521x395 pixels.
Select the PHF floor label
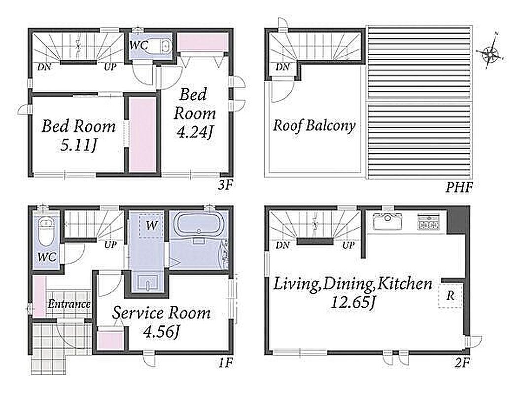pos(459,188)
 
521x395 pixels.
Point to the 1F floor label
pos(225,362)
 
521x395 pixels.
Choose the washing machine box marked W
pos(151,225)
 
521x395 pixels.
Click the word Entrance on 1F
pos(69,304)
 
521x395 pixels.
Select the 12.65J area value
pos(353,302)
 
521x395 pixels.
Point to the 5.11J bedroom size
pos(79,145)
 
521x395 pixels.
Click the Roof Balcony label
pos(314,126)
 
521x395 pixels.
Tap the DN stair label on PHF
pos(283,67)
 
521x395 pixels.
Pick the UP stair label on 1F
pos(110,244)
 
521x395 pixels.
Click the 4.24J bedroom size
pos(195,132)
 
